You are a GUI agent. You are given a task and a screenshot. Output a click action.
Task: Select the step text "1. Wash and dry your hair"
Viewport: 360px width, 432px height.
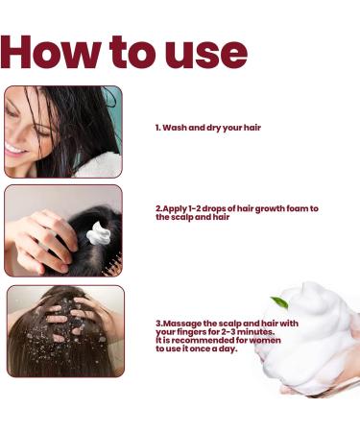207,128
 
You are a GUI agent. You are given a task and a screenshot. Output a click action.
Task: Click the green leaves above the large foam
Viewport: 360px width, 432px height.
275,300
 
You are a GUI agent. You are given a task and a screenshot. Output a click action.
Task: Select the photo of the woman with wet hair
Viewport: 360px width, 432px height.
62,132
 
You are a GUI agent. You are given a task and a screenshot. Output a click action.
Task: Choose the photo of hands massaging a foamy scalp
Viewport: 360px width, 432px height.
65,331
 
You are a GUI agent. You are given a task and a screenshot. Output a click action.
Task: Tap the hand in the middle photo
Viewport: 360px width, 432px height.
38,240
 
